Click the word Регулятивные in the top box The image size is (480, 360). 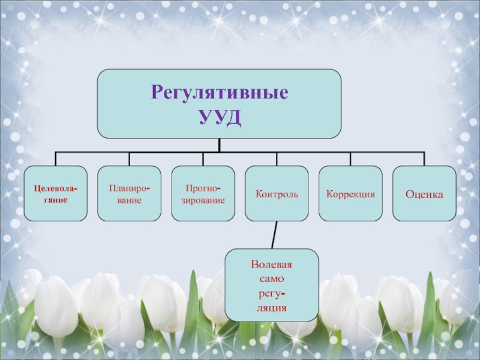click(x=220, y=93)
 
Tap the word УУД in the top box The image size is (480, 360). click(x=220, y=116)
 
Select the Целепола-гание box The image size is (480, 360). click(x=56, y=194)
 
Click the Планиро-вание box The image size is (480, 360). click(x=130, y=194)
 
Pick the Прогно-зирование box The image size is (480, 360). click(x=203, y=194)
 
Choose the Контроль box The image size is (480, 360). click(x=277, y=194)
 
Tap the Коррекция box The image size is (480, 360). click(x=350, y=194)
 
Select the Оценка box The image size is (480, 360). click(x=424, y=194)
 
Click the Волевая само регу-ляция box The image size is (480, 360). click(x=272, y=286)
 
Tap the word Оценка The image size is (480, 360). click(x=424, y=194)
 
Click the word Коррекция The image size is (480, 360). click(x=350, y=194)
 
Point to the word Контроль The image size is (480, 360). click(x=277, y=194)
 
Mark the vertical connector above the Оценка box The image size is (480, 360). click(x=424, y=159)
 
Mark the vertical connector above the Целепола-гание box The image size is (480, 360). click(x=56, y=159)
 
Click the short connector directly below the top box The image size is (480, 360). click(x=220, y=145)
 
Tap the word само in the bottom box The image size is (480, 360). click(x=272, y=279)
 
